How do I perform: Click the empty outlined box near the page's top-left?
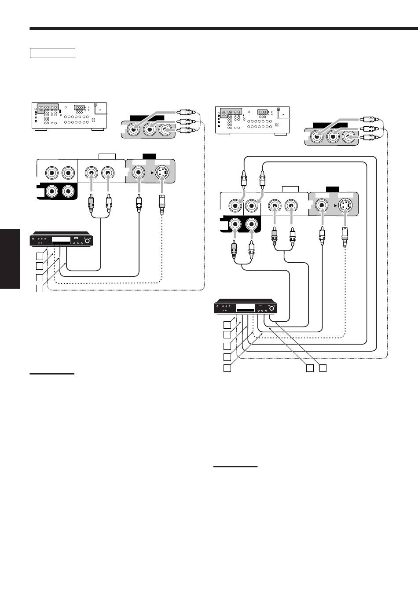tap(53, 53)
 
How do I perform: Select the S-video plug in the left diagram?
tap(162, 205)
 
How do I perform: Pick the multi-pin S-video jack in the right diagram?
tap(346, 205)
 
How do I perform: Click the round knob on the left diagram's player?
tap(88, 241)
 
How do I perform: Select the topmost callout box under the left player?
tap(40, 255)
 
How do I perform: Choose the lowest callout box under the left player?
tap(40, 288)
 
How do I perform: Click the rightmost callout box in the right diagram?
tap(323, 367)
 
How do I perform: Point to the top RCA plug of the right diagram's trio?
tap(367, 119)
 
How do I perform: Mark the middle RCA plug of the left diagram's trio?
tap(184, 121)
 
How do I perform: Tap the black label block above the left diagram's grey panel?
tap(150, 155)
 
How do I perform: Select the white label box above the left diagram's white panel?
tap(107, 156)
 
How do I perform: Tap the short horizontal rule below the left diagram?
tap(52, 374)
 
